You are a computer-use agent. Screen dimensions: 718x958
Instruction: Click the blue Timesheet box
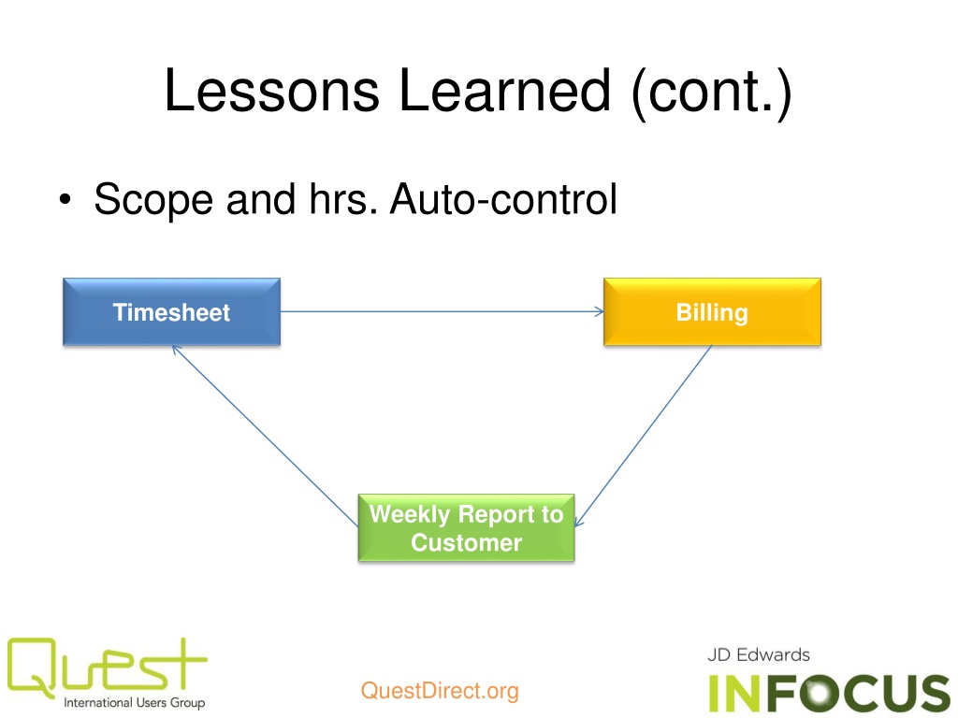pos(171,312)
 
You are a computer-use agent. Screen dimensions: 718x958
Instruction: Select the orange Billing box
pos(712,312)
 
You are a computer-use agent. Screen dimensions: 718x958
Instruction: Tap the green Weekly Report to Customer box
pos(466,528)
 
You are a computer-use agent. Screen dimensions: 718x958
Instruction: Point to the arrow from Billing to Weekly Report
pos(646,435)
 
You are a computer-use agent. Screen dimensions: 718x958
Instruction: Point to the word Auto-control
pos(502,200)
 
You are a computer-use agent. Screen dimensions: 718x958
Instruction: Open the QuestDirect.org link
pos(439,692)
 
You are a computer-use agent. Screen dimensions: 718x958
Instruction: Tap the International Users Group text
pos(134,702)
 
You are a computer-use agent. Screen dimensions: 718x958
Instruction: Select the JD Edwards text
pos(759,654)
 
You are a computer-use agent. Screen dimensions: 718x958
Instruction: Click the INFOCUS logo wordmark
pos(829,692)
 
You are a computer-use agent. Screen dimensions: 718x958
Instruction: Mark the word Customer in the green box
pos(466,543)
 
